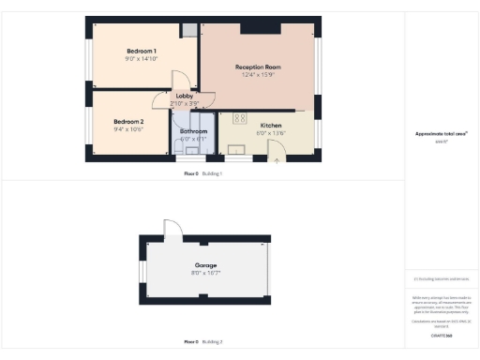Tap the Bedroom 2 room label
click(x=128, y=121)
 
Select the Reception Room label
click(x=259, y=67)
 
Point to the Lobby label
click(x=184, y=96)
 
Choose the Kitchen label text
click(x=271, y=125)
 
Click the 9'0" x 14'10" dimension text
click(x=142, y=58)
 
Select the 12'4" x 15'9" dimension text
click(x=259, y=76)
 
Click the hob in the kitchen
click(x=239, y=119)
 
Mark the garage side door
click(x=171, y=228)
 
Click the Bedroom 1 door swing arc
click(x=186, y=77)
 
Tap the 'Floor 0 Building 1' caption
click(x=202, y=173)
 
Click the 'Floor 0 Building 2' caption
click(x=202, y=341)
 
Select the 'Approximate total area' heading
click(x=442, y=134)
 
